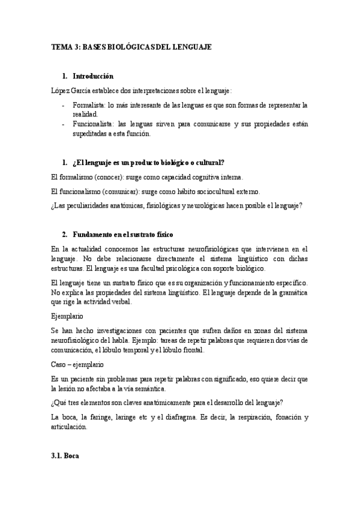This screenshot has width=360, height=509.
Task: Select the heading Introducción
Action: pos(93,76)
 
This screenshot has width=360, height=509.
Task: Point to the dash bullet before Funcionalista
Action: pos(64,124)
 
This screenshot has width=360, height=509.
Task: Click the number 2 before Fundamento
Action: pos(64,233)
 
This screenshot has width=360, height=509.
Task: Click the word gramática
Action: pos(289,292)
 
